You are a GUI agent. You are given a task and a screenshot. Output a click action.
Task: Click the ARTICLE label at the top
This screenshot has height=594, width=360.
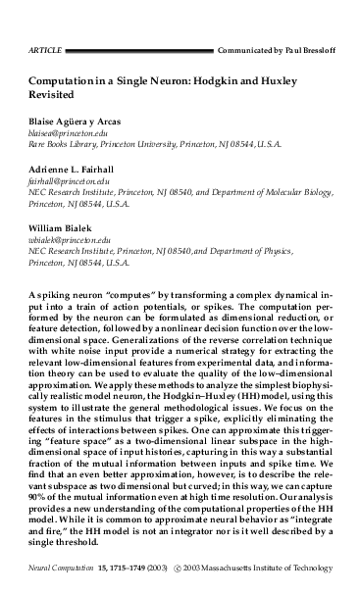(45, 21)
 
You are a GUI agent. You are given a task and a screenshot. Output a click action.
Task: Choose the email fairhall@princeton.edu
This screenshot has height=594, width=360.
(72, 185)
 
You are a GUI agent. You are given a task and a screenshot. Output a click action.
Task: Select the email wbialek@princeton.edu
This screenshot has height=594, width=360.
(70, 240)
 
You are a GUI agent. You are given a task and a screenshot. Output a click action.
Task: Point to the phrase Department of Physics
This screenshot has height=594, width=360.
(277, 253)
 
